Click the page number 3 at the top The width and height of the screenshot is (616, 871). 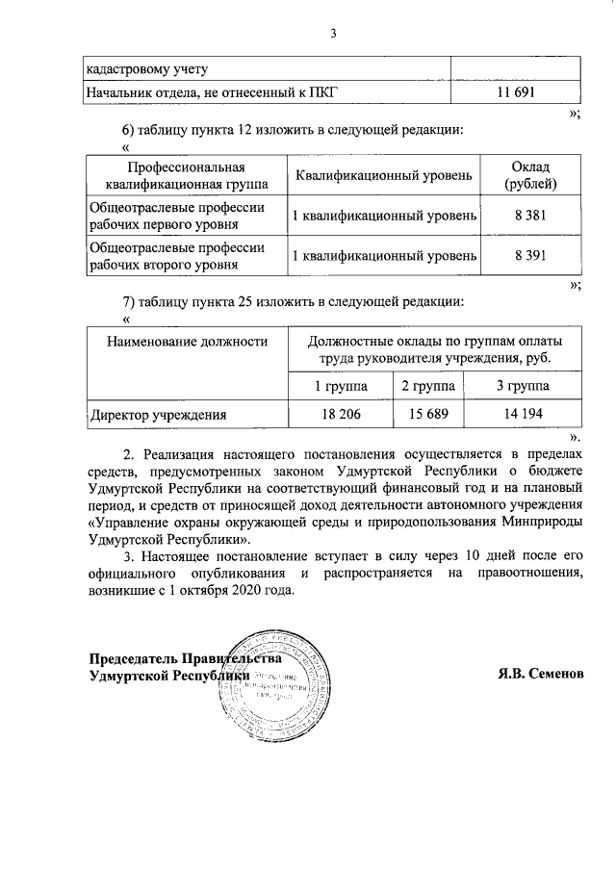pyautogui.click(x=332, y=35)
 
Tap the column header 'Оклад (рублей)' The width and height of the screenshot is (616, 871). pyautogui.click(x=530, y=174)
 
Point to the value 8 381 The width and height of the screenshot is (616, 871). pyautogui.click(x=530, y=217)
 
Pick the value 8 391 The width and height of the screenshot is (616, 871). pyautogui.click(x=530, y=256)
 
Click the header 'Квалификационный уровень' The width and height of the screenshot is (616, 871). pyautogui.click(x=384, y=175)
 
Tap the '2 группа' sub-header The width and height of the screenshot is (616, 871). pyautogui.click(x=428, y=386)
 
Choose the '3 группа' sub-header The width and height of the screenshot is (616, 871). pyautogui.click(x=523, y=386)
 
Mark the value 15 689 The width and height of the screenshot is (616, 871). pyautogui.click(x=428, y=415)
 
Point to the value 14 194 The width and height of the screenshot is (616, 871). pyautogui.click(x=523, y=415)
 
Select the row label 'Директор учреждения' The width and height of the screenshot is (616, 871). pyautogui.click(x=158, y=416)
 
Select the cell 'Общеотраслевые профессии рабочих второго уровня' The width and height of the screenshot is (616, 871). pyautogui.click(x=176, y=256)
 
